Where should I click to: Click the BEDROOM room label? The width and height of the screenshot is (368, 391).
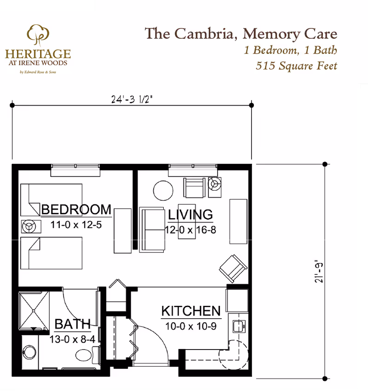[x=76, y=210]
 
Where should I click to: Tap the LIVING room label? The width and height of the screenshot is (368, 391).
[x=190, y=215]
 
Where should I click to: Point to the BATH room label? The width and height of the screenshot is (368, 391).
[x=72, y=324]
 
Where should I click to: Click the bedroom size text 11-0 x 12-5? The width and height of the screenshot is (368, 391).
[x=75, y=226]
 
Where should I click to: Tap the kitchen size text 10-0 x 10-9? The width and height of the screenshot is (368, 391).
[x=190, y=327]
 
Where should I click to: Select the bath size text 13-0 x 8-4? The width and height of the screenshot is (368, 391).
[x=73, y=340]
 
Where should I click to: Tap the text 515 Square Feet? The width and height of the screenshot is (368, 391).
[x=296, y=65]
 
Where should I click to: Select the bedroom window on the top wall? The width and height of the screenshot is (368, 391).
[x=75, y=169]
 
